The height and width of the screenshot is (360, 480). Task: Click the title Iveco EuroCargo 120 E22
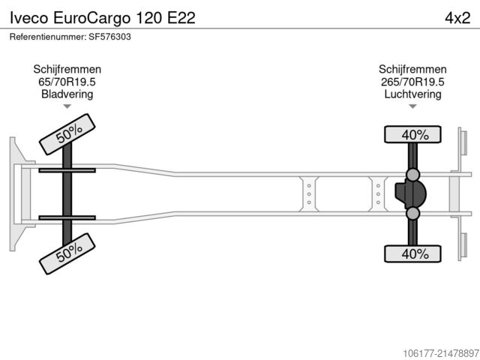click(103, 18)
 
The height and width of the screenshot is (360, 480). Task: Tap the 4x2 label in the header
click(457, 18)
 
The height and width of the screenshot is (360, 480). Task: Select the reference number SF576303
click(110, 37)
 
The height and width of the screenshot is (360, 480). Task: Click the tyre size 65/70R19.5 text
click(67, 82)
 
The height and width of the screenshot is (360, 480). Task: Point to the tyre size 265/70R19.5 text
click(412, 82)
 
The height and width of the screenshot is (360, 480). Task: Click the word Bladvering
click(67, 94)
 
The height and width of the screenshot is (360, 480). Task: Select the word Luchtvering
click(412, 94)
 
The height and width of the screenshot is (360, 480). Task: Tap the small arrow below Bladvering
click(67, 106)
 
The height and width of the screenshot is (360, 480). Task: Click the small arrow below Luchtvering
click(412, 106)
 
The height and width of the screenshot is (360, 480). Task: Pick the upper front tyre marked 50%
click(67, 134)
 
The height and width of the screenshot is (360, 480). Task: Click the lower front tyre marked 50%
click(67, 253)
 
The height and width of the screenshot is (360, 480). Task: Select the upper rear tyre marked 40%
click(412, 134)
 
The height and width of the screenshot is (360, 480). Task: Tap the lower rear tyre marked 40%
click(412, 253)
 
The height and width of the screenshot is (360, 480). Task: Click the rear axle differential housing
click(410, 193)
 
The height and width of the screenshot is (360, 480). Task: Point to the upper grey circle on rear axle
click(412, 175)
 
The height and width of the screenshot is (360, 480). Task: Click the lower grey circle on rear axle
click(412, 213)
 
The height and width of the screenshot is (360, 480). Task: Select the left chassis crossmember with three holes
click(309, 194)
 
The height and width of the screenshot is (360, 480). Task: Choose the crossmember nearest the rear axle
click(378, 194)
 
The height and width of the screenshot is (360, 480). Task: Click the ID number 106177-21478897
click(441, 353)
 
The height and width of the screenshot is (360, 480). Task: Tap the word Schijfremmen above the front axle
click(67, 70)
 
